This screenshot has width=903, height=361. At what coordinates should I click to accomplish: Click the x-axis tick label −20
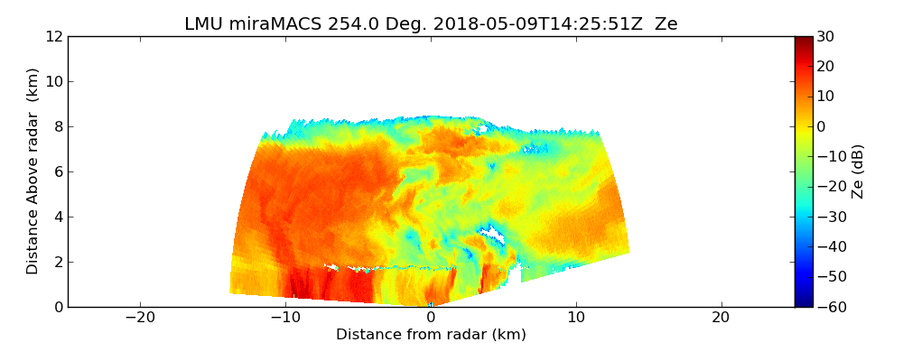tap(140, 318)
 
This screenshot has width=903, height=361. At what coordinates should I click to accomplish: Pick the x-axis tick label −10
tap(285, 318)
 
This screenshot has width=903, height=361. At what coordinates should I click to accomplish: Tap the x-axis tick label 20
tap(721, 318)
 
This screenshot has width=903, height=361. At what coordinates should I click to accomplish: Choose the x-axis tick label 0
tap(431, 318)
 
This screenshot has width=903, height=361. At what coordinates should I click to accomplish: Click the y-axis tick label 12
tap(53, 37)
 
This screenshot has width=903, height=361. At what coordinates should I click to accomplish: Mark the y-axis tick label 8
tap(57, 127)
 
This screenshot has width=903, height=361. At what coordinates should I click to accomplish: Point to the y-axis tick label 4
tap(57, 218)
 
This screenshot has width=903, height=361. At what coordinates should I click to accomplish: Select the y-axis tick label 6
tap(57, 172)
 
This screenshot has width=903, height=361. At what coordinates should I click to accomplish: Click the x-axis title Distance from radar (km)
tap(431, 335)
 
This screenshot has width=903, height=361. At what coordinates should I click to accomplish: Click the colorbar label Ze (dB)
tap(858, 171)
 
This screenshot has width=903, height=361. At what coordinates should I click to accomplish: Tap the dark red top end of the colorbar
tap(804, 40)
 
